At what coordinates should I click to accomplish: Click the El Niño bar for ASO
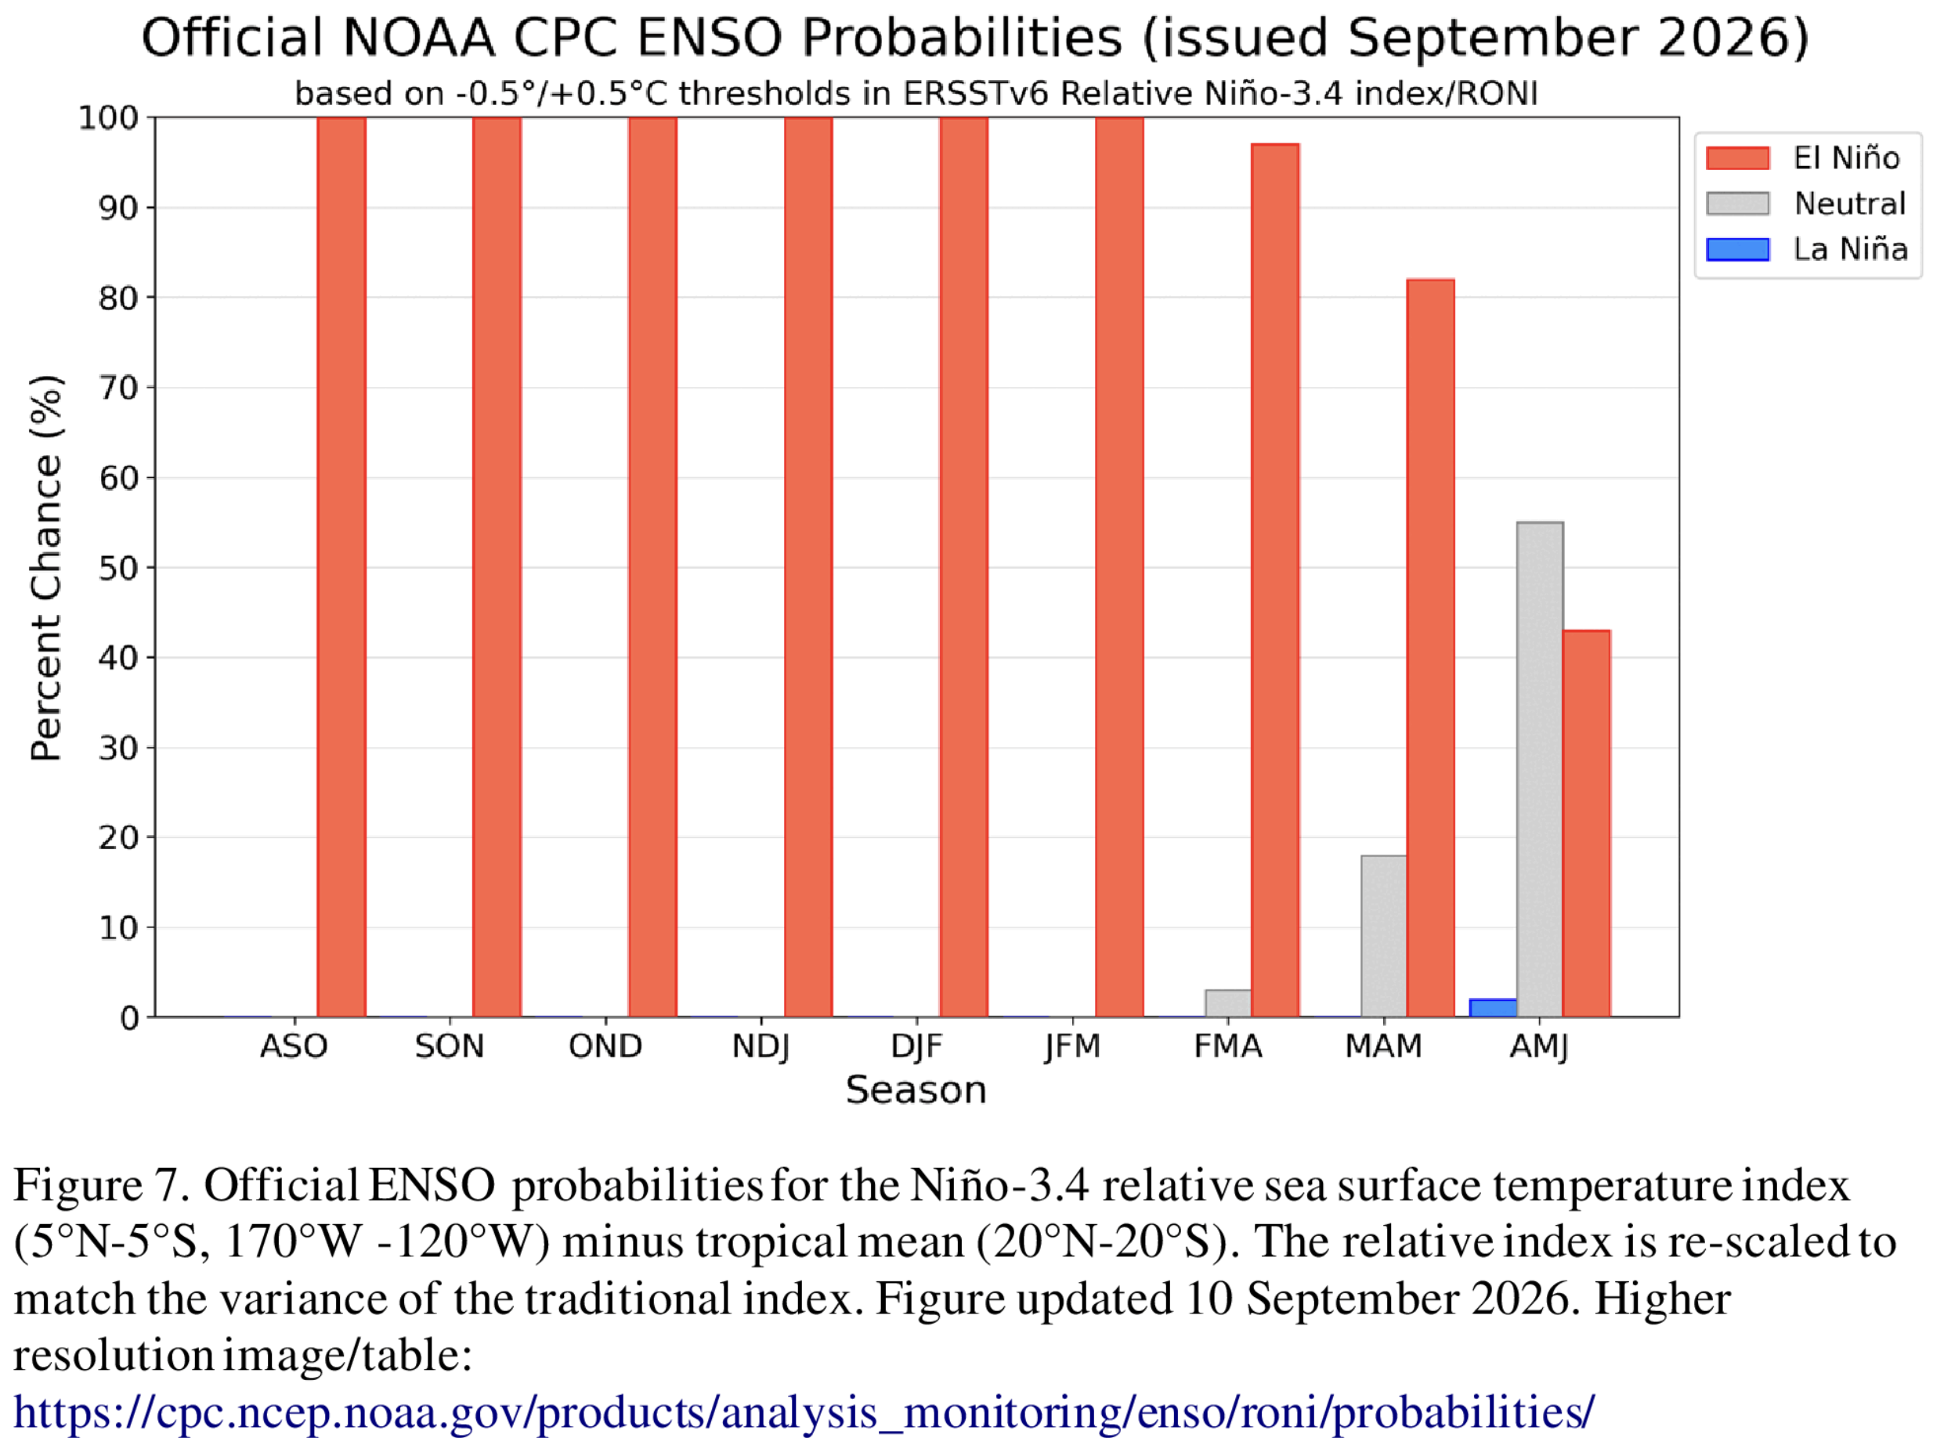(x=341, y=567)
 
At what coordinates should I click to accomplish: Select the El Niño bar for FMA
(x=1275, y=580)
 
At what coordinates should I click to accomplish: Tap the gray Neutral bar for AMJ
(x=1540, y=769)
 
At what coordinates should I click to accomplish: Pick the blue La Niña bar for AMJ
(x=1494, y=1008)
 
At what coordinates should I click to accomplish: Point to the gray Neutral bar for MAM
(x=1384, y=936)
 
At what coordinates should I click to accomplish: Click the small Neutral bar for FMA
(x=1228, y=1003)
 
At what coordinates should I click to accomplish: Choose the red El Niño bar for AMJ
(x=1587, y=823)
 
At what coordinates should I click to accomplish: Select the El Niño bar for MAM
(x=1431, y=648)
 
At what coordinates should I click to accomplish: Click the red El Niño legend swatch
(x=1738, y=157)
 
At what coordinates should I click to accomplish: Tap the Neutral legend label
(x=1850, y=204)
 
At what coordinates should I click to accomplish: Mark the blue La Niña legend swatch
(x=1738, y=250)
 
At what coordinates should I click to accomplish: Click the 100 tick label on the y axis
(x=109, y=117)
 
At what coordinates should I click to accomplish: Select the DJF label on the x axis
(x=917, y=1046)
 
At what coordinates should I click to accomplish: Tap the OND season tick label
(x=605, y=1046)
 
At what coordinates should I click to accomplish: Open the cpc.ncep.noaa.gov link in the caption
(x=804, y=1411)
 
